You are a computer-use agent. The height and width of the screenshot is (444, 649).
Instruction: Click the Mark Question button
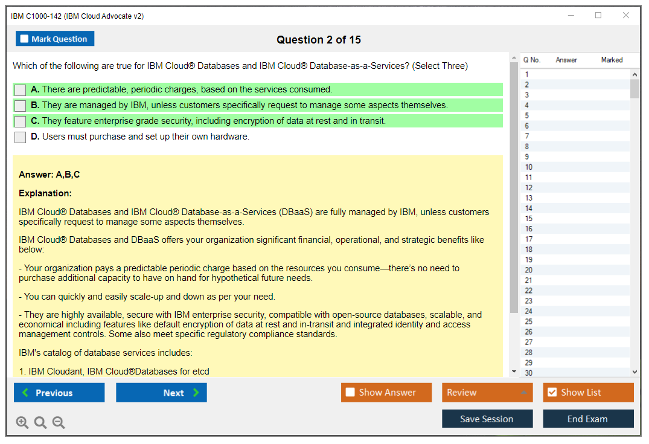pyautogui.click(x=55, y=39)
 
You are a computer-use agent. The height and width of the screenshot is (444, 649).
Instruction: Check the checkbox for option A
pyautogui.click(x=21, y=90)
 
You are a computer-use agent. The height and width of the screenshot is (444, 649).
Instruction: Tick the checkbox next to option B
pyautogui.click(x=21, y=106)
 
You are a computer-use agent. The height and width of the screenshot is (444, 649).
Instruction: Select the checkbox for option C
pyautogui.click(x=21, y=121)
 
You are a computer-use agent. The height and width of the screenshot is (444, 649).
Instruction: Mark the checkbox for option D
pyautogui.click(x=21, y=137)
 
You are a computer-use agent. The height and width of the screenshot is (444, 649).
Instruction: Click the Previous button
pyautogui.click(x=59, y=393)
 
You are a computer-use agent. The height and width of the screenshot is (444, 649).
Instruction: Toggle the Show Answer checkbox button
pyautogui.click(x=386, y=393)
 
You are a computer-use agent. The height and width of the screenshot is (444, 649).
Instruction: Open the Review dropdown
pyautogui.click(x=487, y=393)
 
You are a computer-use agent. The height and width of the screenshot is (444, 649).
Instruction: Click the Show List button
pyautogui.click(x=588, y=393)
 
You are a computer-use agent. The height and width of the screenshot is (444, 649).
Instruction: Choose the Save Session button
pyautogui.click(x=487, y=419)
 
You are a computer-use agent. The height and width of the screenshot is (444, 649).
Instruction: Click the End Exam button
pyautogui.click(x=588, y=419)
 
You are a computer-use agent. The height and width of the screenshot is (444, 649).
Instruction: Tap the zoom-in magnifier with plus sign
pyautogui.click(x=22, y=422)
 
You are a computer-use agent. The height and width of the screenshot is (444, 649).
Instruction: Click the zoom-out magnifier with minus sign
pyautogui.click(x=59, y=422)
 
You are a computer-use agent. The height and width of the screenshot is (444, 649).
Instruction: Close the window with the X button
pyautogui.click(x=626, y=15)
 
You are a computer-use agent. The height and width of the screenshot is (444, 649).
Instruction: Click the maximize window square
pyautogui.click(x=598, y=15)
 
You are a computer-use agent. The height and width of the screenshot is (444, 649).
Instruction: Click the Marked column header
pyautogui.click(x=612, y=60)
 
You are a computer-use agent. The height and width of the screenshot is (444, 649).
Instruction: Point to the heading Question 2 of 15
pyautogui.click(x=319, y=40)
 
